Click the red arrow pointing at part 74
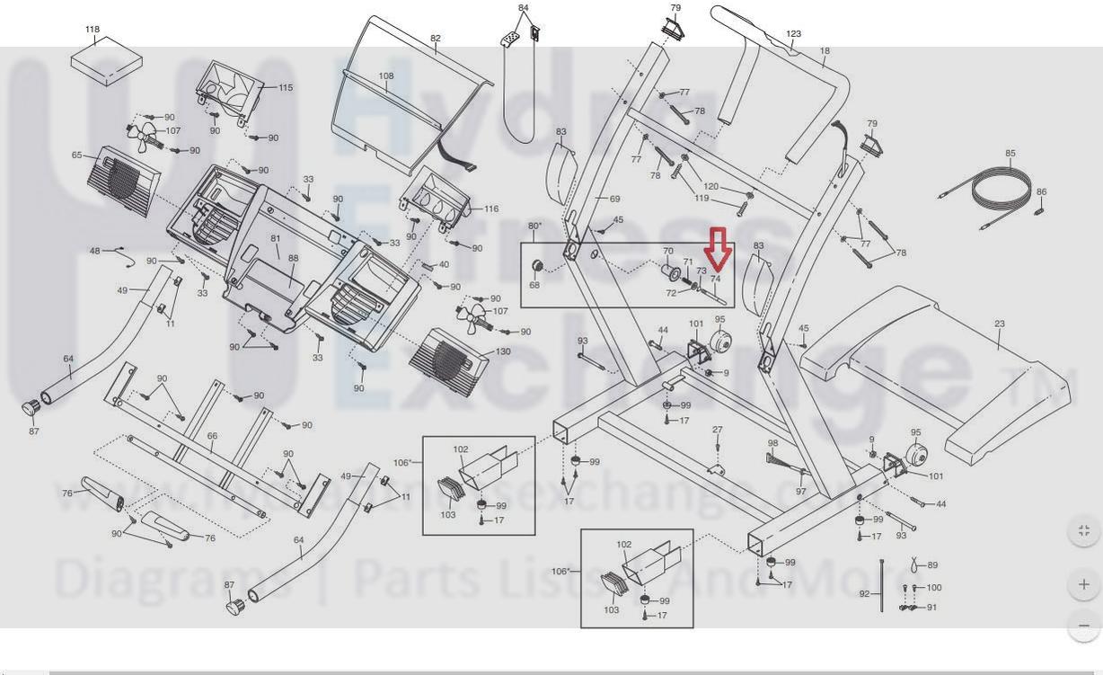(717, 248)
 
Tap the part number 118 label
(93, 30)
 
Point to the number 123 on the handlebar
(793, 34)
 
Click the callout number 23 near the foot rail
(999, 324)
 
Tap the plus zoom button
(1083, 584)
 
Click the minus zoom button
(1083, 625)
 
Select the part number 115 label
(286, 88)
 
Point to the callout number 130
(503, 351)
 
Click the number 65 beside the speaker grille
(77, 155)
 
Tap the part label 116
(491, 209)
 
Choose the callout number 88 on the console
(294, 259)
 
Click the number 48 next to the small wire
(95, 252)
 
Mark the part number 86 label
(1041, 192)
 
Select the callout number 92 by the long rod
(864, 594)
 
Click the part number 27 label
(717, 431)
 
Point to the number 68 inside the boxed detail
(534, 286)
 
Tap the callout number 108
(386, 76)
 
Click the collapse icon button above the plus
(1083, 530)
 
